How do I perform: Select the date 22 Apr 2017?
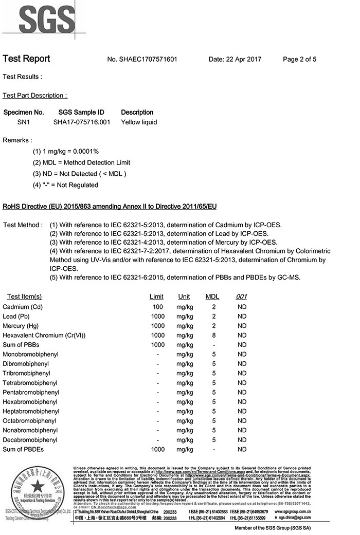click(235, 59)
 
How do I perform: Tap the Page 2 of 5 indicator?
click(299, 59)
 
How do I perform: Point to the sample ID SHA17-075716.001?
click(82, 122)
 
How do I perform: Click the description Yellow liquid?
click(139, 122)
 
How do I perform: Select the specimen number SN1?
click(24, 122)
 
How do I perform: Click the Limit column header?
click(156, 297)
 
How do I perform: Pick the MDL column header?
click(212, 297)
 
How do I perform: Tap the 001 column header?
click(242, 297)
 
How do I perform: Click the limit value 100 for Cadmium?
click(158, 307)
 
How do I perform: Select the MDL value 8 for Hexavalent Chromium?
click(213, 335)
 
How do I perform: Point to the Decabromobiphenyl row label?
click(30, 440)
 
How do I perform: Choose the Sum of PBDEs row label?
click(23, 450)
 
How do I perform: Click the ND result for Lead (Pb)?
click(242, 316)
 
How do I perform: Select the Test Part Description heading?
click(35, 96)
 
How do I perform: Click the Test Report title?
click(26, 59)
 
